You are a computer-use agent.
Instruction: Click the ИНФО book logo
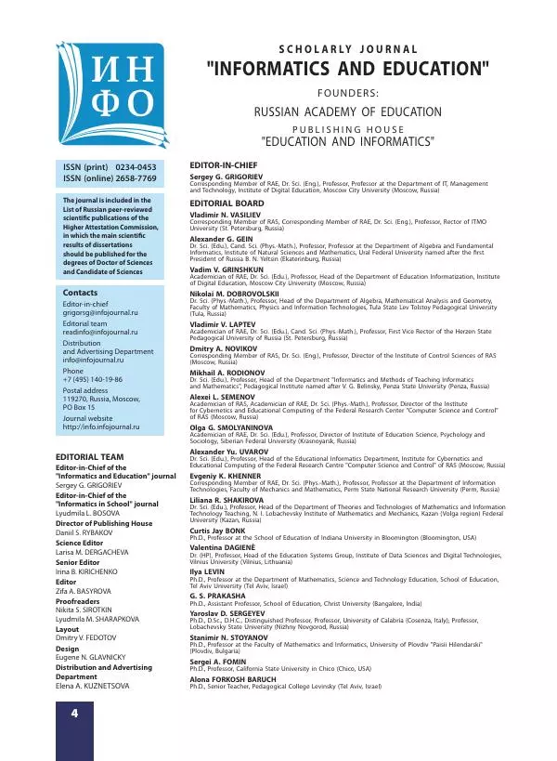110,98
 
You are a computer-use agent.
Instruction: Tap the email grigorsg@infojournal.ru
98,313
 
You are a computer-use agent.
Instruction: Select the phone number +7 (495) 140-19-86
94,381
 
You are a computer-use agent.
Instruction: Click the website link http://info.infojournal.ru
100,426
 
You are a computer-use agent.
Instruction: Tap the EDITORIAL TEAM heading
90,457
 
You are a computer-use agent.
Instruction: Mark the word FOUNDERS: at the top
348,93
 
